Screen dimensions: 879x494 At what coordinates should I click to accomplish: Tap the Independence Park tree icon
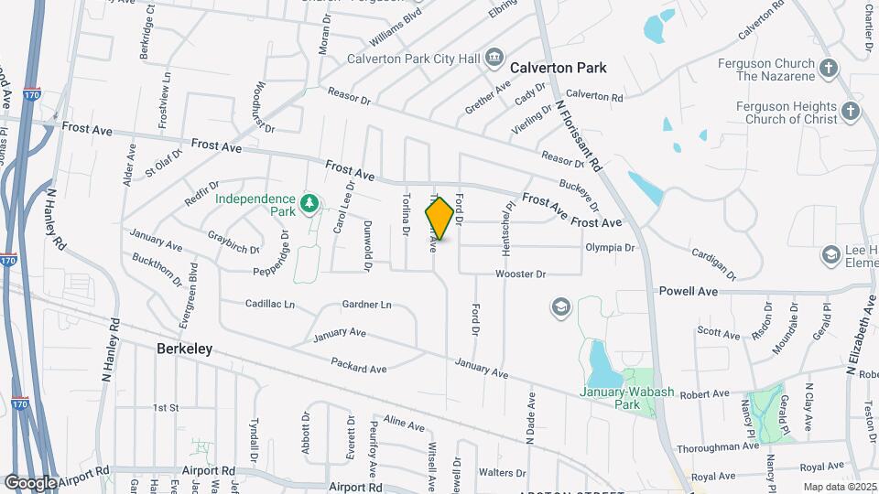click(x=309, y=201)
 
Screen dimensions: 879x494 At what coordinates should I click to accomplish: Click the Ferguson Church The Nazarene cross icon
click(x=828, y=69)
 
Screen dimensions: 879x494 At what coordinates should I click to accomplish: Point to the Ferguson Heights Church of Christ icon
click(x=851, y=112)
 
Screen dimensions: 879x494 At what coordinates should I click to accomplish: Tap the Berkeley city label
click(x=184, y=349)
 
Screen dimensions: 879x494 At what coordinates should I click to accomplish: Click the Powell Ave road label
click(x=689, y=291)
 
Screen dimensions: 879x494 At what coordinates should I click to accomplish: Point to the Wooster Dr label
click(x=520, y=274)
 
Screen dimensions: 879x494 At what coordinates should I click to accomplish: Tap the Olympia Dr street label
click(x=610, y=247)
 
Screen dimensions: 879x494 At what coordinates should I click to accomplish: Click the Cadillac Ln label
click(x=270, y=304)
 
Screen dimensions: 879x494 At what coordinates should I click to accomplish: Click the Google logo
click(x=30, y=482)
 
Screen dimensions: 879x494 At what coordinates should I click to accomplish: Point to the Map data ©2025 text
click(x=838, y=487)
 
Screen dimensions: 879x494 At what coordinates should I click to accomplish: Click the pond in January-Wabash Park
click(x=601, y=364)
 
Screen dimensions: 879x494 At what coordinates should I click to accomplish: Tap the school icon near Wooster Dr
click(x=559, y=306)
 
